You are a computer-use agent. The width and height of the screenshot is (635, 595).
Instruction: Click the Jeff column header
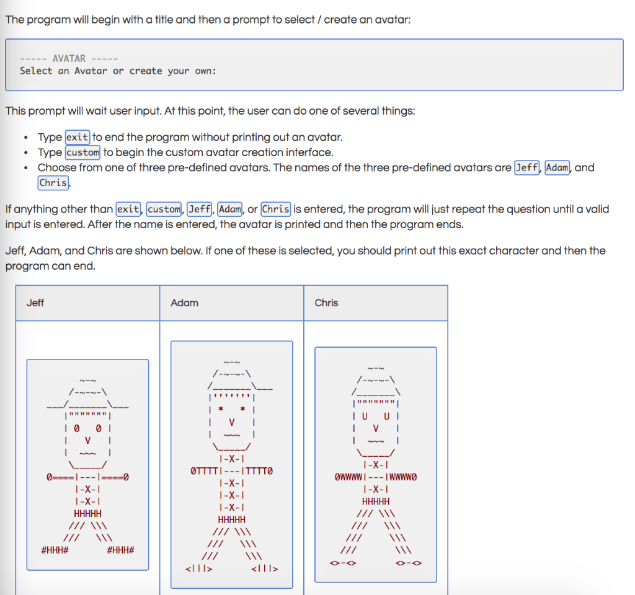point(35,303)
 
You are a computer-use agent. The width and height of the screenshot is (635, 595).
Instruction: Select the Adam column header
point(184,303)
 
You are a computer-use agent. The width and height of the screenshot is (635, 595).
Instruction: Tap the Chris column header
point(326,303)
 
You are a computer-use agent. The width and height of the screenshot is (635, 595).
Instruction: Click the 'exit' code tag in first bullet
point(78,137)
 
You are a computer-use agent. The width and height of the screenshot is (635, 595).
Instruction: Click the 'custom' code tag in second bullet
point(82,152)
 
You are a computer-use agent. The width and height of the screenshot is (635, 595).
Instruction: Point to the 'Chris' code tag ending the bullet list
point(53,183)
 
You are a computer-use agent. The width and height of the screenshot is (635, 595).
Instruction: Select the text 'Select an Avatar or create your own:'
point(118,71)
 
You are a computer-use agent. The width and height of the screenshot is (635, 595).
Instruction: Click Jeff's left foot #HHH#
point(54,550)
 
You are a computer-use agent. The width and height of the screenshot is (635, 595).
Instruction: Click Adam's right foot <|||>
point(265,568)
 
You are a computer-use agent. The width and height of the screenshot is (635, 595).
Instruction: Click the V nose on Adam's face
point(232,421)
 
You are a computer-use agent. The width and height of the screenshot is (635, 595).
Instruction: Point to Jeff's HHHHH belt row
point(87,514)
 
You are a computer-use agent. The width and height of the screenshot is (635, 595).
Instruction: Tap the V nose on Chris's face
point(375,428)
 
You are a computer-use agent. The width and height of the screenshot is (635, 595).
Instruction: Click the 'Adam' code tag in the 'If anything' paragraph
point(230,209)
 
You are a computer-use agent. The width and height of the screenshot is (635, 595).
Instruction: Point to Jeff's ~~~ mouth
point(87,454)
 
